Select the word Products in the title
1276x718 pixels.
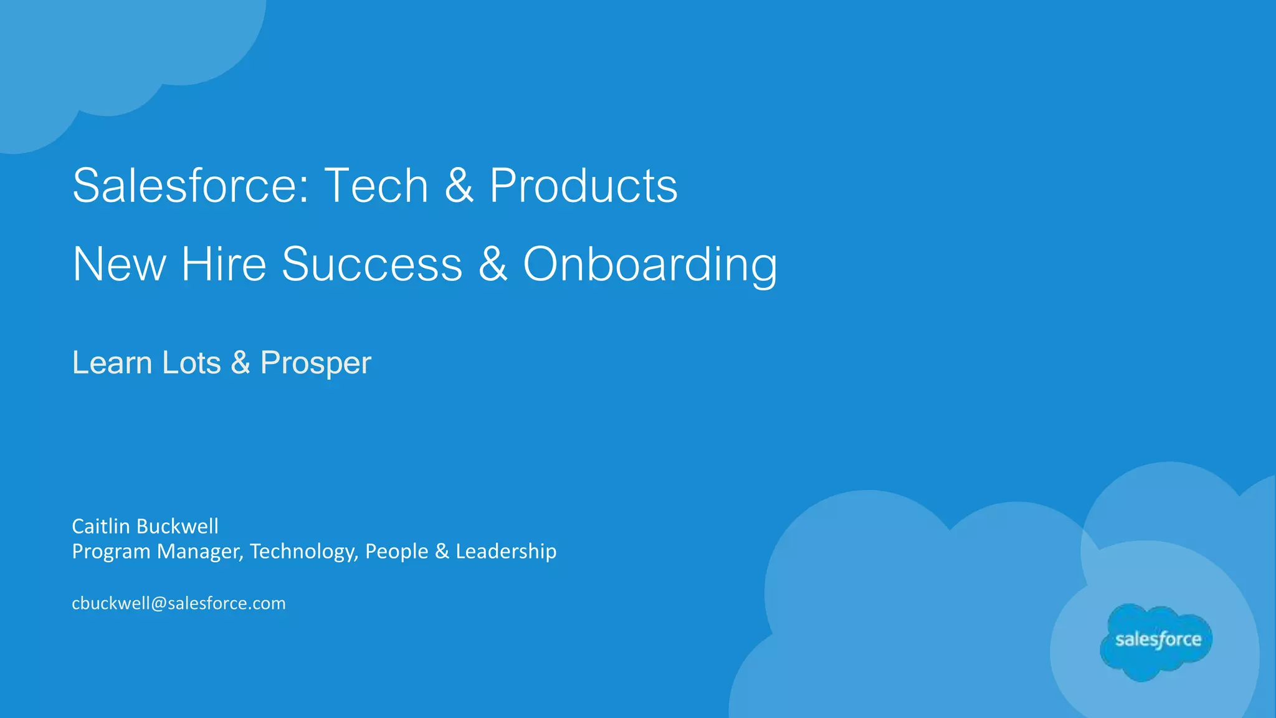(583, 186)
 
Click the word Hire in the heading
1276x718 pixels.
(224, 264)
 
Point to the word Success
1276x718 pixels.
(372, 264)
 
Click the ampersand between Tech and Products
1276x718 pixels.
(459, 186)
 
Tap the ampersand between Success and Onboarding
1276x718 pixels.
(492, 264)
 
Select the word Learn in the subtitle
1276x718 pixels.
(112, 363)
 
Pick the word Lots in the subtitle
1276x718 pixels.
(191, 363)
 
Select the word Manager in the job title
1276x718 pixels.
(199, 552)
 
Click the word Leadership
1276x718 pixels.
(506, 552)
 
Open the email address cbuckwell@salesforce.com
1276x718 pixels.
(179, 603)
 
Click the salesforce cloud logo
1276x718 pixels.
(1156, 641)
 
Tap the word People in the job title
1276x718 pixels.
(397, 552)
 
